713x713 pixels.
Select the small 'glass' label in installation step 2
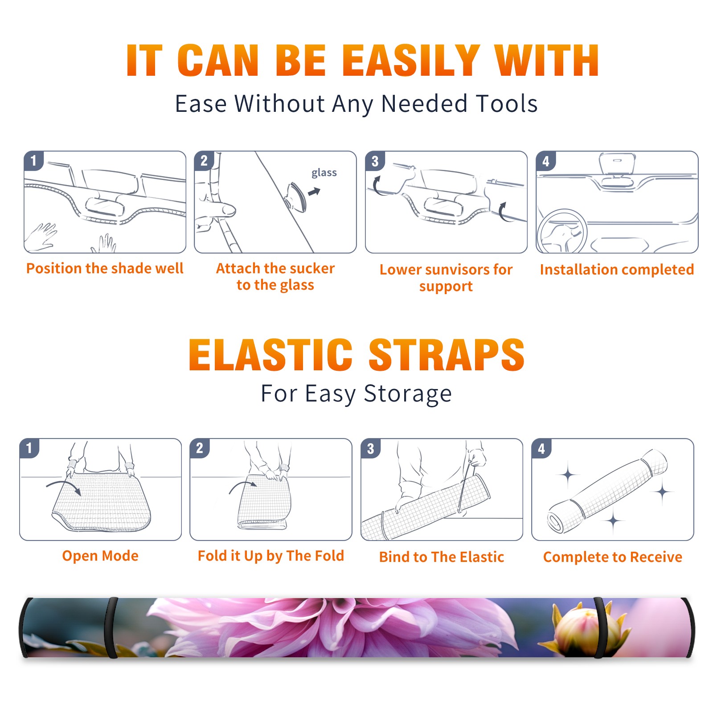click(324, 173)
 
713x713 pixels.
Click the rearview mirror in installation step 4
click(617, 164)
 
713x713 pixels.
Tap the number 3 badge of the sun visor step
click(375, 161)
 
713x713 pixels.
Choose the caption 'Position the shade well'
click(105, 268)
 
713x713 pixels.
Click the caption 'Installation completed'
click(617, 270)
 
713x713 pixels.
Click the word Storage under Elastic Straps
click(408, 394)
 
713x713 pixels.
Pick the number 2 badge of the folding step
click(199, 448)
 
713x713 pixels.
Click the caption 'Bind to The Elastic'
click(442, 557)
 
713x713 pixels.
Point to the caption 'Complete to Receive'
click(613, 557)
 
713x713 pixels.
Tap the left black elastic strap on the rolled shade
click(111, 628)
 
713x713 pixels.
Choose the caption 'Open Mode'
click(100, 556)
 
